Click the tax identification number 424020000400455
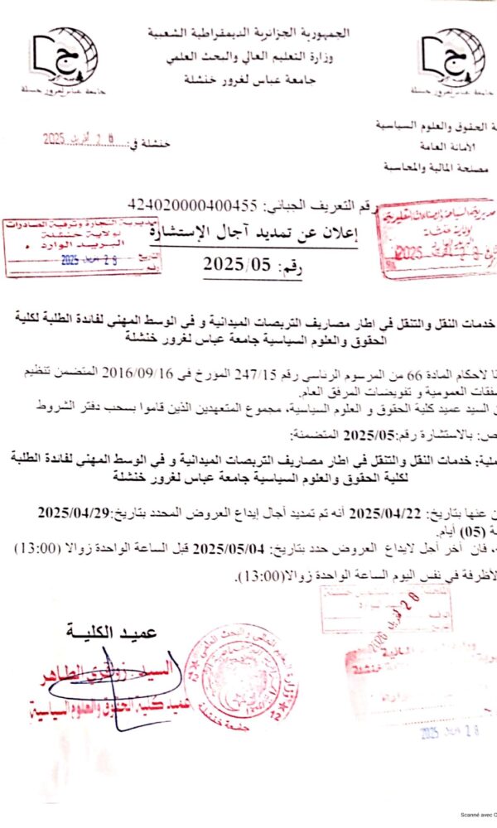[x=194, y=205]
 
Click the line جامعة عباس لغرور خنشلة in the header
[x=248, y=77]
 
